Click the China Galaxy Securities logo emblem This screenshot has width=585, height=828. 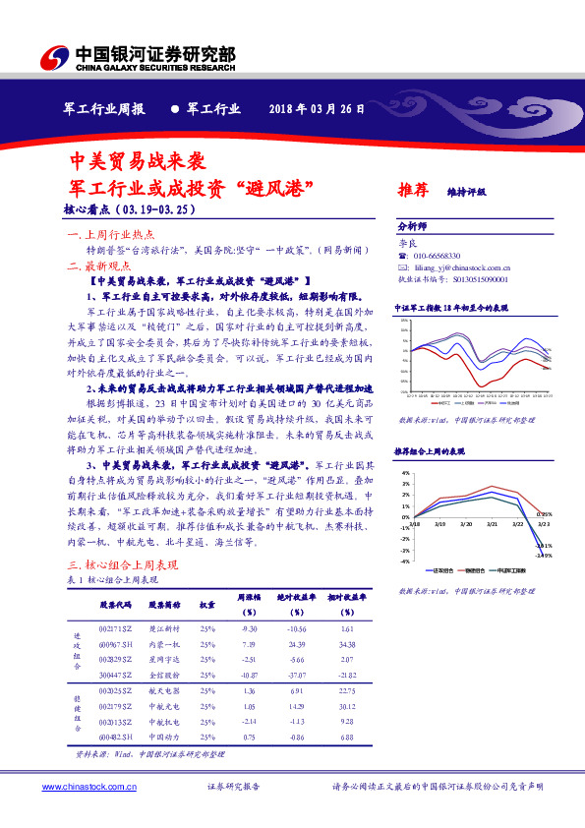(58, 55)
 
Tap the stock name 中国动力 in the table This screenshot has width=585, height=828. (163, 737)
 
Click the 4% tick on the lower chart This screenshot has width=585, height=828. (404, 473)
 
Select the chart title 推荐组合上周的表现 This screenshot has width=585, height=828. (430, 450)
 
